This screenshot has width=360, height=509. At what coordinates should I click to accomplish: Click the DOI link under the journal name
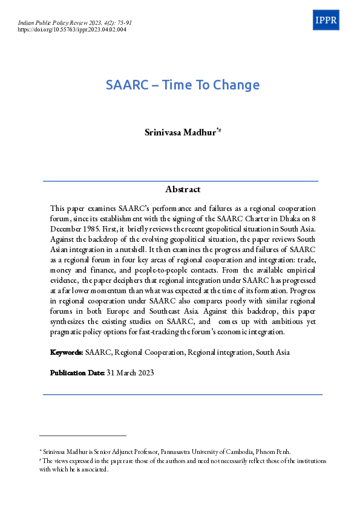pyautogui.click(x=72, y=29)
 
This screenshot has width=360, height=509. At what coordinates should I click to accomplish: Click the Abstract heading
pyautogui.click(x=183, y=189)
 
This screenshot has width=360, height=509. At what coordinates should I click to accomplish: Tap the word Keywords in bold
pyautogui.click(x=67, y=352)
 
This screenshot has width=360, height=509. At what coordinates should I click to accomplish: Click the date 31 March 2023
pyautogui.click(x=130, y=372)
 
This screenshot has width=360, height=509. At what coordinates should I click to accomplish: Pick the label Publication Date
pyautogui.click(x=77, y=372)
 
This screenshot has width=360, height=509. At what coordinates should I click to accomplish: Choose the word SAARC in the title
pyautogui.click(x=127, y=85)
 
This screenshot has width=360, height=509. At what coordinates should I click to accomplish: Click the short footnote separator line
pyautogui.click(x=83, y=435)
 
